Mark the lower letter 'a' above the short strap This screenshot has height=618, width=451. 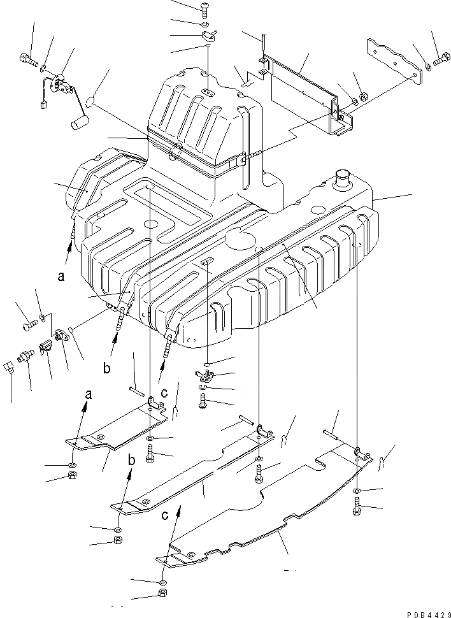point(88,394)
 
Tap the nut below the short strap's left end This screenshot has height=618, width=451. point(72,477)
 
